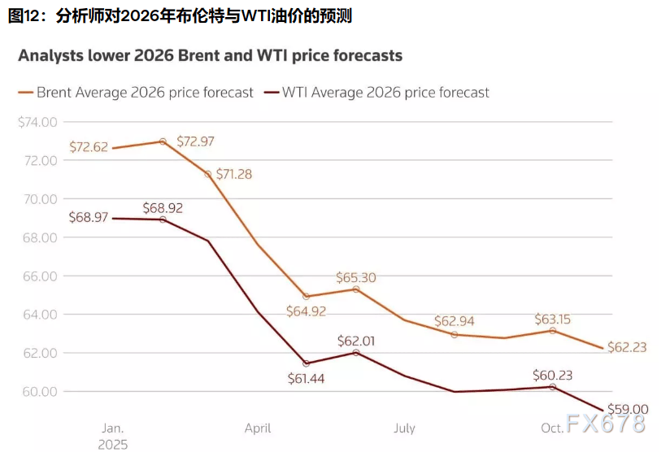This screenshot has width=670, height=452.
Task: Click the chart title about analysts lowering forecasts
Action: click(210, 56)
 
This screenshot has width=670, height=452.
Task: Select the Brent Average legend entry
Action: click(136, 93)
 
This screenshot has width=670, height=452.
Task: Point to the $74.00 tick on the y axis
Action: click(37, 122)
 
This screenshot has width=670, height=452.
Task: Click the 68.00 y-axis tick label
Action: click(41, 237)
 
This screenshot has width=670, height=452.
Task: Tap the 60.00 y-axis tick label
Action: click(41, 392)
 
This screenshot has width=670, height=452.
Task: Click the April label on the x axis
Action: click(258, 428)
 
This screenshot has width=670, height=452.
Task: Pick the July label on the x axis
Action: click(404, 428)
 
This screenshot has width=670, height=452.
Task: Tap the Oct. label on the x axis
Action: click(553, 428)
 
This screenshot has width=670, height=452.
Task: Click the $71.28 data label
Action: click(241, 175)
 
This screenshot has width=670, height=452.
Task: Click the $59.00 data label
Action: click(629, 410)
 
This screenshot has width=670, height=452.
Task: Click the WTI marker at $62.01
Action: click(356, 352)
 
